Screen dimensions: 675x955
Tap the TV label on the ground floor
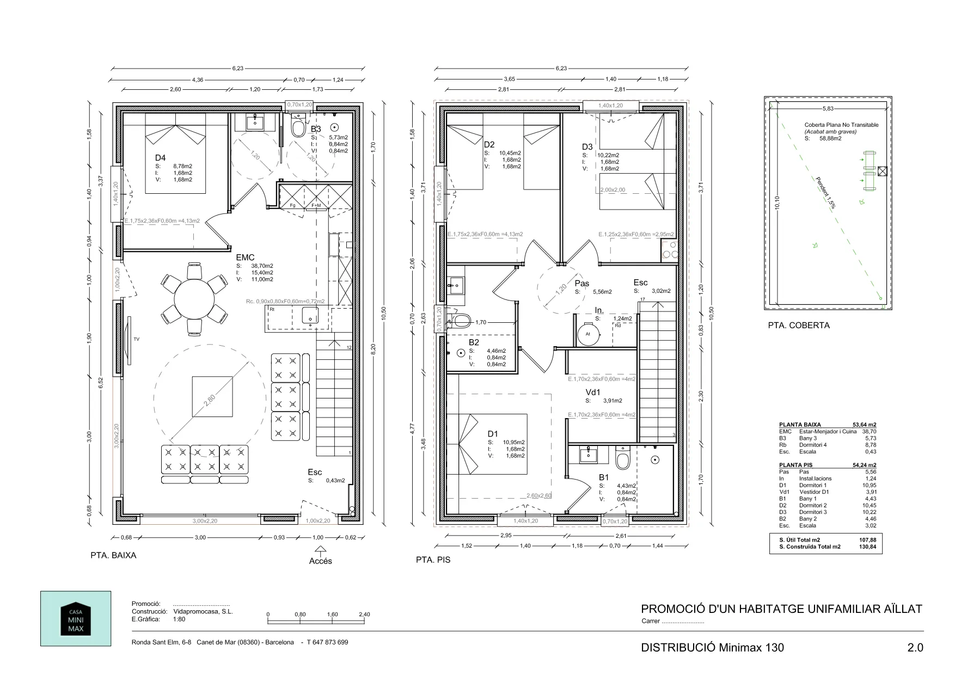[136, 339]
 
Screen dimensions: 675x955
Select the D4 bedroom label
[160, 158]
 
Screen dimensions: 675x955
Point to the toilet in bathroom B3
[298, 129]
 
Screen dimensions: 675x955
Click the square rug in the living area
[213, 397]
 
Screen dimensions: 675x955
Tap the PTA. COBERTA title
[799, 326]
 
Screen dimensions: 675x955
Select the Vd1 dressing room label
[593, 392]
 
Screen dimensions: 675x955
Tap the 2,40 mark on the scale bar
[364, 614]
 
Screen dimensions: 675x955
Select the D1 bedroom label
[493, 434]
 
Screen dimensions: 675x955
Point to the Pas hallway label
[582, 284]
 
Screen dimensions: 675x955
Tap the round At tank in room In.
[588, 334]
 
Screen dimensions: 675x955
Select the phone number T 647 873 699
[327, 642]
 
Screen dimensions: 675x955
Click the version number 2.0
[915, 648]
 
